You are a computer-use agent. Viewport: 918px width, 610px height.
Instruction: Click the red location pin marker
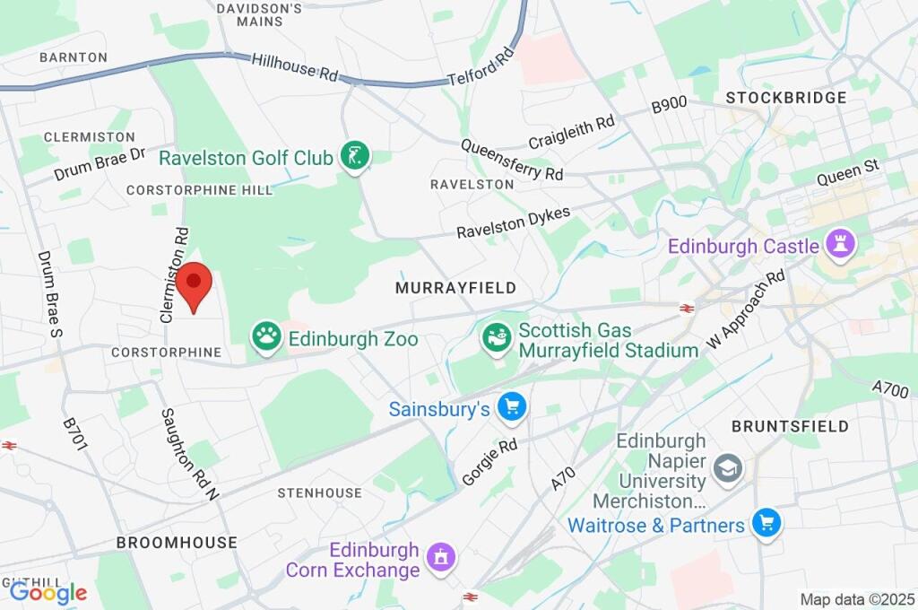click(193, 285)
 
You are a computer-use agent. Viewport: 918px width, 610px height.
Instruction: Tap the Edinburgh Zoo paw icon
click(266, 337)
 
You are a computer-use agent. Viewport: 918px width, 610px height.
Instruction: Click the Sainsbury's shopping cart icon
click(512, 408)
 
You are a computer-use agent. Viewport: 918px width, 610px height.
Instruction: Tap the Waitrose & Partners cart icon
click(766, 523)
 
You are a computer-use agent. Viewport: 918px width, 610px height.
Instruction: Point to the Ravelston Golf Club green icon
click(355, 157)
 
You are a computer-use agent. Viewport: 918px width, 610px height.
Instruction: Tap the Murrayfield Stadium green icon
click(495, 338)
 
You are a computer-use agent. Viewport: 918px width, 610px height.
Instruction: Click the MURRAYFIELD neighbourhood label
click(455, 288)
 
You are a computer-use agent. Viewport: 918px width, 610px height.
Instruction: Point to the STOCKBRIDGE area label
click(786, 97)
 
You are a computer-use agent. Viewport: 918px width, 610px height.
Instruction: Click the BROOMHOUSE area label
click(177, 543)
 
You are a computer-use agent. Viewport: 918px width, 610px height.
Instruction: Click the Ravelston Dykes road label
click(513, 218)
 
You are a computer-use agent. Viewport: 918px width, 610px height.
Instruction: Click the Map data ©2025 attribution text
click(857, 598)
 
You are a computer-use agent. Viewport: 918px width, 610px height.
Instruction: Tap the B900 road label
click(669, 105)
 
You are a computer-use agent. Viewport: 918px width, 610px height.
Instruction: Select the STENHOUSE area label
click(319, 492)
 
